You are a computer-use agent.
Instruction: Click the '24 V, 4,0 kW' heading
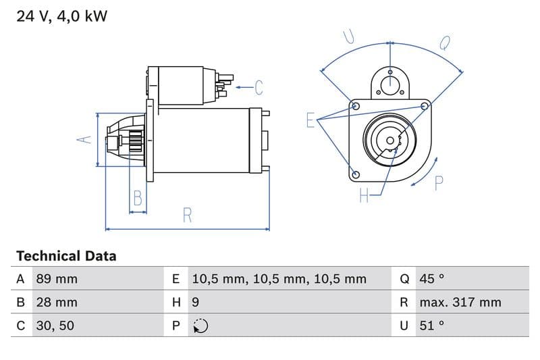(x=61, y=16)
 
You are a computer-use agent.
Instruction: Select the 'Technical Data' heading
(x=66, y=256)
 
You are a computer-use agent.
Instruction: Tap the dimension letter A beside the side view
(x=84, y=140)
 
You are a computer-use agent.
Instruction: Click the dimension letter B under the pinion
(x=138, y=198)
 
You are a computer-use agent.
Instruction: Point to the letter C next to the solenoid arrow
(x=258, y=87)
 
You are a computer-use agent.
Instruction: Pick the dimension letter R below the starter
(x=188, y=215)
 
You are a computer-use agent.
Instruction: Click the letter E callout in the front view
(x=310, y=120)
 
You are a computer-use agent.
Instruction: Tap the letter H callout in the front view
(x=364, y=196)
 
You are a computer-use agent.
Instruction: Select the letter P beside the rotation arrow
(x=439, y=183)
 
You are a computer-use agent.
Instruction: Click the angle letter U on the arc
(x=349, y=36)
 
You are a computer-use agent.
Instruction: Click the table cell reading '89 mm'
(x=57, y=279)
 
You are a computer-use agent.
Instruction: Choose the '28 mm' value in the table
(x=57, y=302)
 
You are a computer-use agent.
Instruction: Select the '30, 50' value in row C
(x=54, y=326)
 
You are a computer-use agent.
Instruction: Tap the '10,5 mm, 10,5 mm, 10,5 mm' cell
(x=279, y=279)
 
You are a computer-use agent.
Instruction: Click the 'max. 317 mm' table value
(x=460, y=302)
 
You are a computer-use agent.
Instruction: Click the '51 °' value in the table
(x=432, y=326)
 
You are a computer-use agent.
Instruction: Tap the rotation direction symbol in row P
(x=200, y=326)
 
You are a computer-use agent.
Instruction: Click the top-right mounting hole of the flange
(x=425, y=106)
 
